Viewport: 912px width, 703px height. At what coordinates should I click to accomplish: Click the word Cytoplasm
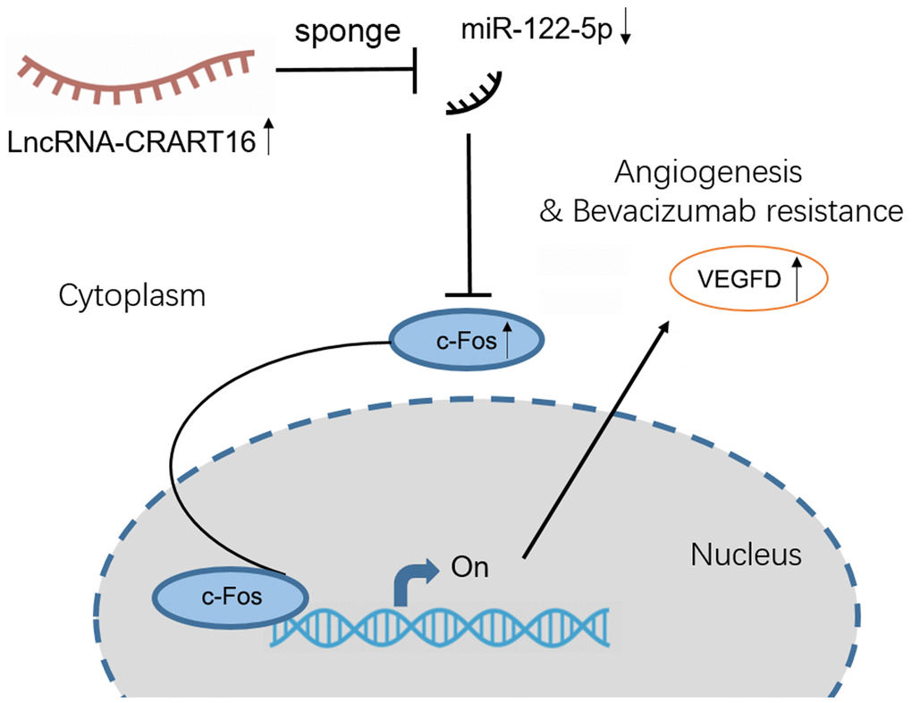click(132, 296)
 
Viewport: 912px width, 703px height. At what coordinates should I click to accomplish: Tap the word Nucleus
click(747, 555)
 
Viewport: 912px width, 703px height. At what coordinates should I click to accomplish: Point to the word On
click(471, 567)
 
